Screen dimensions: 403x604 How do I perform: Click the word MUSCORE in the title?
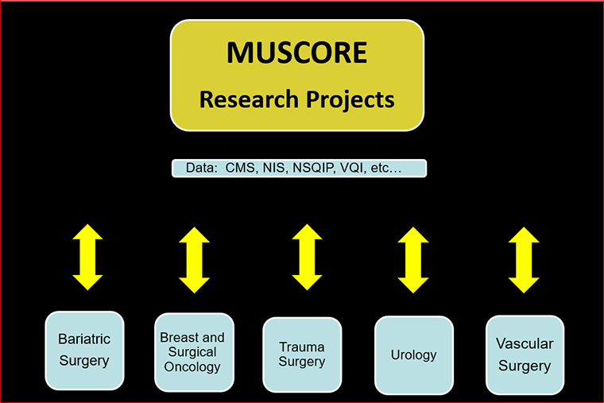point(296,52)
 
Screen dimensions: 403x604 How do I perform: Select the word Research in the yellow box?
point(246,100)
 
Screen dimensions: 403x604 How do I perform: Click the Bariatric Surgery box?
point(84,351)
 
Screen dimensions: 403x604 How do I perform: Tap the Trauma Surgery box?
point(302,355)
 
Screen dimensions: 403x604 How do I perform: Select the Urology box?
point(413,355)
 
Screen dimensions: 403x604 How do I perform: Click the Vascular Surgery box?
point(525,355)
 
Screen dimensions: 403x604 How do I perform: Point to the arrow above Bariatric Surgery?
point(87,257)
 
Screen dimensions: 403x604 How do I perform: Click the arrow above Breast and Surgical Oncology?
point(194,260)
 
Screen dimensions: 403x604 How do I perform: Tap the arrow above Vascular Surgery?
point(524,260)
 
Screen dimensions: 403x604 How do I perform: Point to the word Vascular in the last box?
point(525,344)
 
